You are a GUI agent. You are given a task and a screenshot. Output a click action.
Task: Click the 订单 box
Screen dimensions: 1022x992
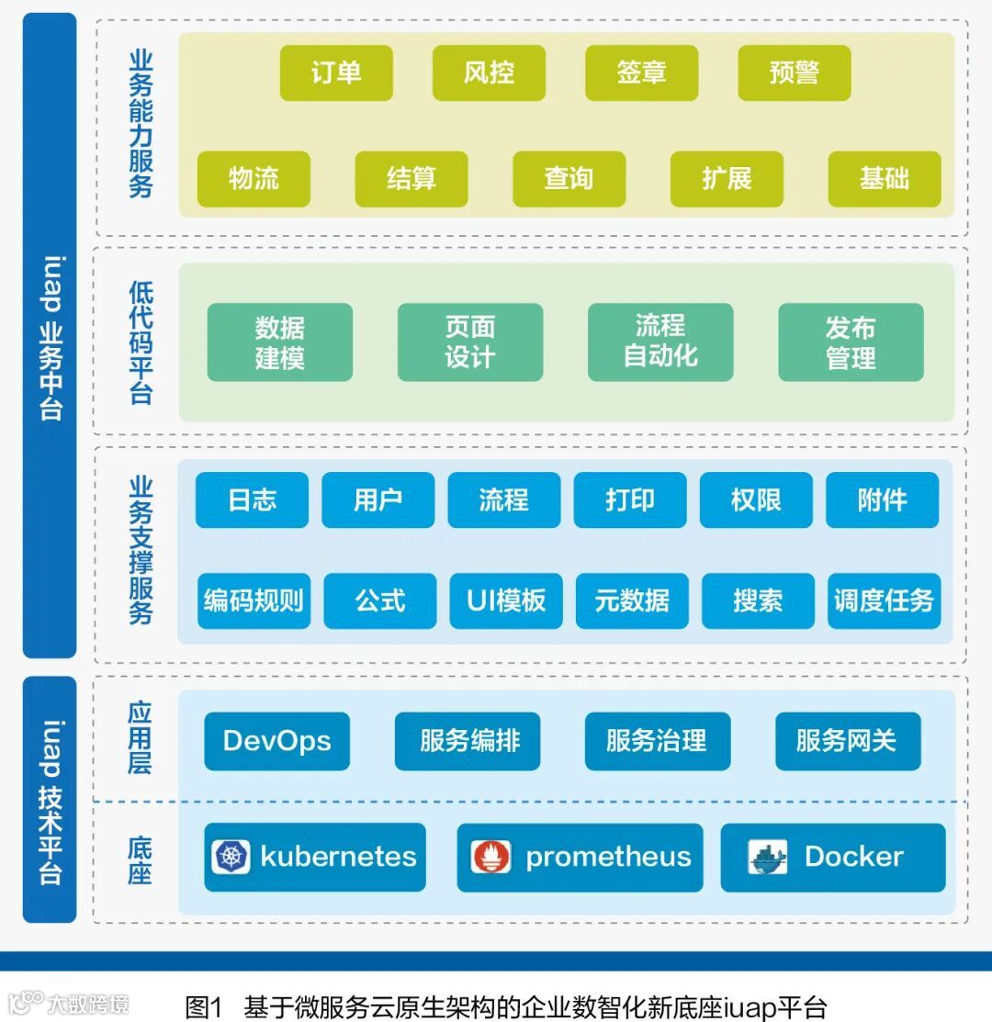click(336, 73)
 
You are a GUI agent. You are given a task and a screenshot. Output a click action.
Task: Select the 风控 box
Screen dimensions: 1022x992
click(489, 73)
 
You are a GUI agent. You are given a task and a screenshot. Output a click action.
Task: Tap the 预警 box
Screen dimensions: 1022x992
click(795, 73)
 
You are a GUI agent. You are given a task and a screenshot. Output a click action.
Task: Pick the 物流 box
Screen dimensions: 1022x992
click(254, 178)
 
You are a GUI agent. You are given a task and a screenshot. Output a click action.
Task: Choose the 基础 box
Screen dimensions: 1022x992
click(885, 178)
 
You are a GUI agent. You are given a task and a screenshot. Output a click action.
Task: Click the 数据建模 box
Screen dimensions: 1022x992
click(279, 342)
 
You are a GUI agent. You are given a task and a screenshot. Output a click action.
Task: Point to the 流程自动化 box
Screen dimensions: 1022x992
click(660, 342)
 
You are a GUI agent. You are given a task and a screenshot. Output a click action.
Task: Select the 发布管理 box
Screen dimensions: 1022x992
click(851, 342)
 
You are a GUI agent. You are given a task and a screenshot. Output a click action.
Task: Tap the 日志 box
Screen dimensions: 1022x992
click(252, 500)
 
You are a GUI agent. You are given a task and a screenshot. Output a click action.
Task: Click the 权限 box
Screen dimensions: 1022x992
click(756, 500)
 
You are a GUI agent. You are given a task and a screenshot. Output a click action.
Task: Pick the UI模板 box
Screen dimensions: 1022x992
click(506, 601)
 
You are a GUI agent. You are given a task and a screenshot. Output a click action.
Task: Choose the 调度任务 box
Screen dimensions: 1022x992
click(884, 601)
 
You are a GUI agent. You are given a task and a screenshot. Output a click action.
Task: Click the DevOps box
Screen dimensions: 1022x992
click(276, 740)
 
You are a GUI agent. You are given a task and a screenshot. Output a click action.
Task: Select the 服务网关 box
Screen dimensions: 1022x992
click(847, 740)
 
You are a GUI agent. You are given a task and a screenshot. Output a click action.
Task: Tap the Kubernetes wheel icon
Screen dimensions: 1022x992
click(231, 857)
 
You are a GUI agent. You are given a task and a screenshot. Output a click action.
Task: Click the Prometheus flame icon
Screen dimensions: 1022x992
click(490, 857)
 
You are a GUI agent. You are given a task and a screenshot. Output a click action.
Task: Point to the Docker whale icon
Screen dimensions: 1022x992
click(768, 857)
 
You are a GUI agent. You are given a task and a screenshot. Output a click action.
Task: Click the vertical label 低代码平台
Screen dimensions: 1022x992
click(141, 342)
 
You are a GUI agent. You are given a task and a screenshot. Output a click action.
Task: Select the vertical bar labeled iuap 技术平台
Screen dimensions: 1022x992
click(50, 799)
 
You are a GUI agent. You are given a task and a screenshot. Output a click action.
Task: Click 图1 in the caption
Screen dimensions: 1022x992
click(204, 1006)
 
